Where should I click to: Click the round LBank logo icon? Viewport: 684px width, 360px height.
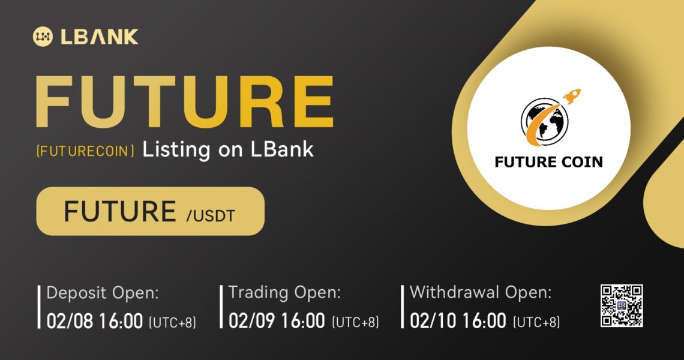43,37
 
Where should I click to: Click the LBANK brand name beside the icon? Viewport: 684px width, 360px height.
100,37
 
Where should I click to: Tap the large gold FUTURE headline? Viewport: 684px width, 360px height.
184,101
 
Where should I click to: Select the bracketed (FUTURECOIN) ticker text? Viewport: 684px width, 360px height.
85,151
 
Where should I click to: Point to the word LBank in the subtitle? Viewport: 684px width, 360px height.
282,149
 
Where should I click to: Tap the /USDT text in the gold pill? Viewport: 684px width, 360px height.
211,215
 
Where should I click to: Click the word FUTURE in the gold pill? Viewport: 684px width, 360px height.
120,212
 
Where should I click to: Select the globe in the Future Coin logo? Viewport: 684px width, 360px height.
544,121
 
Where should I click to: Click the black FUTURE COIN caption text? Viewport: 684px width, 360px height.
549,162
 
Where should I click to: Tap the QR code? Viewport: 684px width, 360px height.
622,305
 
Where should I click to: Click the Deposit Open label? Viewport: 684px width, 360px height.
103,293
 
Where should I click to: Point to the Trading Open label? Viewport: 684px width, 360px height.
284,292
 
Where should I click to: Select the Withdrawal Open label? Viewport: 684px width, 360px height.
481,292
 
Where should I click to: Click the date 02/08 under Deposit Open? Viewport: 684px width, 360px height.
70,322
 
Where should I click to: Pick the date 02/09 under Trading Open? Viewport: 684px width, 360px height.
252,321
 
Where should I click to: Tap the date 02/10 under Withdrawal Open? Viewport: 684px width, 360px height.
433,321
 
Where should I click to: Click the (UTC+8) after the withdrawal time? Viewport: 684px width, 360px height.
536,322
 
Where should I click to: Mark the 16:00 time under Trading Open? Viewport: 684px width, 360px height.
303,321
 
